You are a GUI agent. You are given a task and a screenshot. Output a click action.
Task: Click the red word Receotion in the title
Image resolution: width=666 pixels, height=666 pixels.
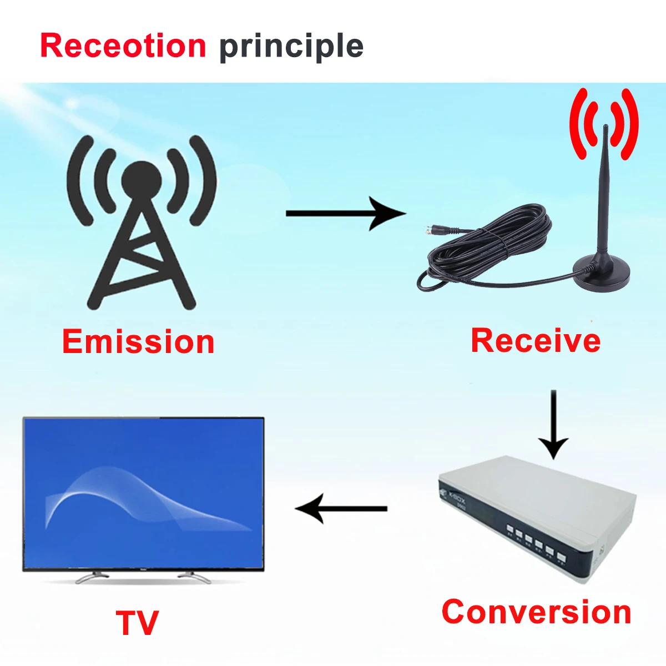pyautogui.click(x=123, y=46)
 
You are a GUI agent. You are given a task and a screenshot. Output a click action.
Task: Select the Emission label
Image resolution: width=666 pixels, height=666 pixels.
pyautogui.click(x=138, y=341)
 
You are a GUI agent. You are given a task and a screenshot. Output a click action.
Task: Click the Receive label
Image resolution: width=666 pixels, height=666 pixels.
pyautogui.click(x=536, y=340)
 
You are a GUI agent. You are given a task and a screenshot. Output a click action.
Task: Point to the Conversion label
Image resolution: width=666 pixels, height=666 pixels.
pyautogui.click(x=536, y=612)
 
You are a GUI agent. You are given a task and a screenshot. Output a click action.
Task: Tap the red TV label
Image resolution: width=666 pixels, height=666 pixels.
pyautogui.click(x=137, y=623)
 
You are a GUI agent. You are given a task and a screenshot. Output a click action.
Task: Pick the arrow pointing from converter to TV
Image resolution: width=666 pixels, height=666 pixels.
pyautogui.click(x=341, y=508)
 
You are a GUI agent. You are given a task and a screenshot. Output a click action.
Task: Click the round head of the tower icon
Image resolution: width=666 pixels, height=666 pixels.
pyautogui.click(x=142, y=179)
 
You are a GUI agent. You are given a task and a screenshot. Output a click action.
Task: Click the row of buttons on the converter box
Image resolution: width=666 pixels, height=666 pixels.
pyautogui.click(x=536, y=540)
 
